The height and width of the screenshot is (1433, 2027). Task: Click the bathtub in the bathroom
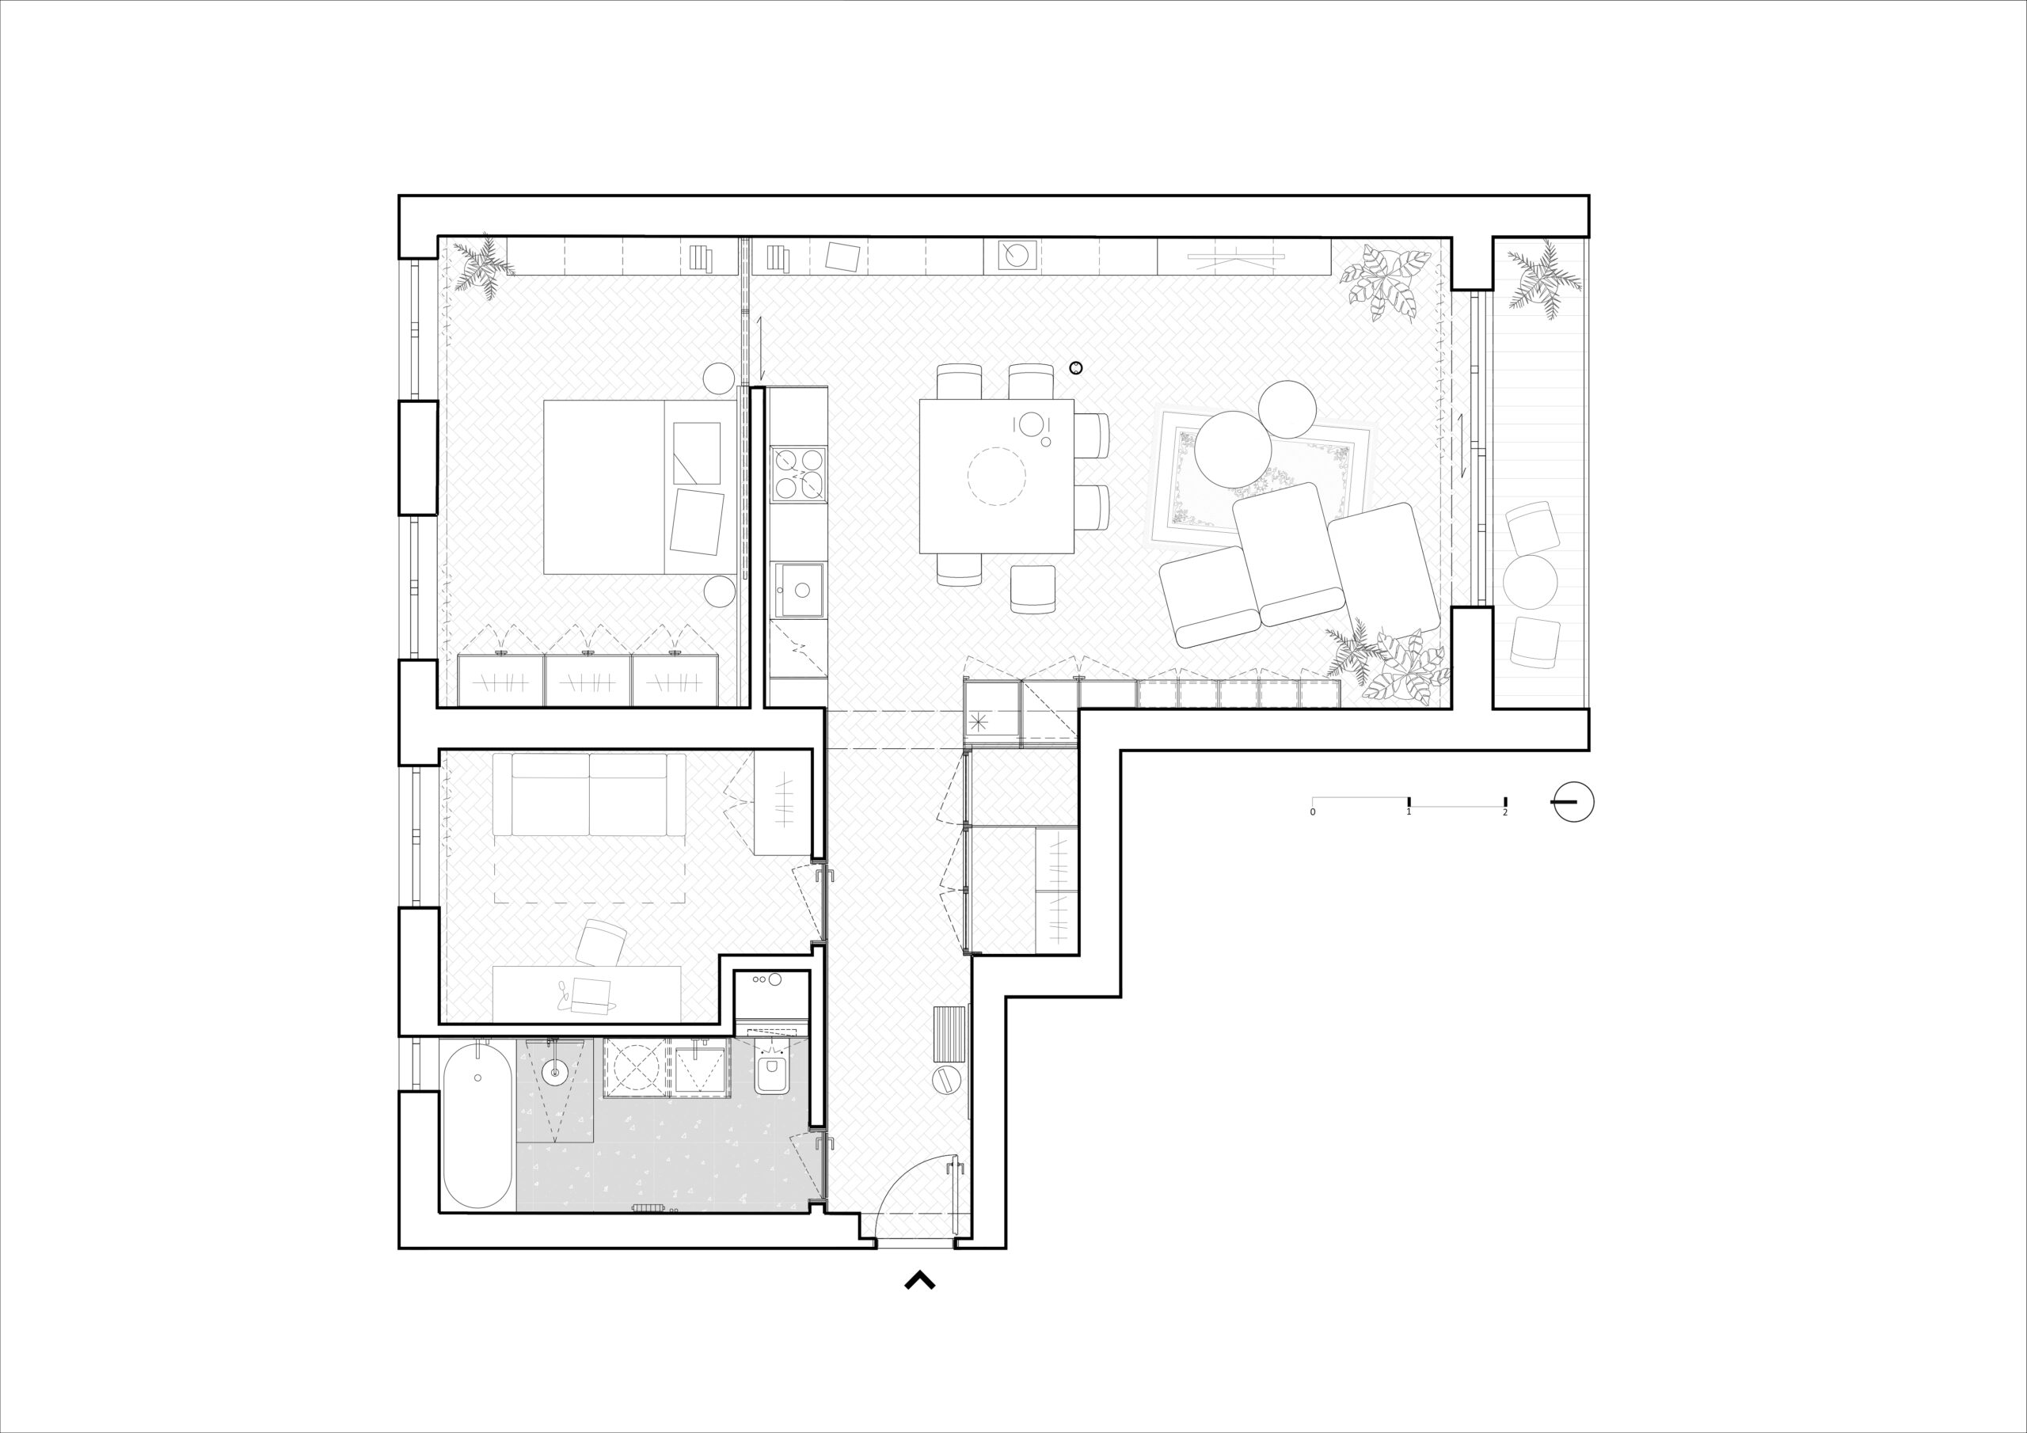click(x=477, y=1124)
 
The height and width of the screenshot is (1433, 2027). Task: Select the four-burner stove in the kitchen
click(x=800, y=474)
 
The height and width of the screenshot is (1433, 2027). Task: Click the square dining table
click(x=997, y=476)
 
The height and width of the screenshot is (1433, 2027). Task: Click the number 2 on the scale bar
click(x=1505, y=812)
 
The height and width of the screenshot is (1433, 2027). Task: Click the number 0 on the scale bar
click(x=1313, y=812)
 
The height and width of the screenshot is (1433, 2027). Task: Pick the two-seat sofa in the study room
click(x=589, y=794)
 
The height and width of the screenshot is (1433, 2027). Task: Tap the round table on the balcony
click(x=1530, y=582)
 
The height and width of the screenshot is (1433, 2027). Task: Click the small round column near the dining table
click(x=1075, y=368)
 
